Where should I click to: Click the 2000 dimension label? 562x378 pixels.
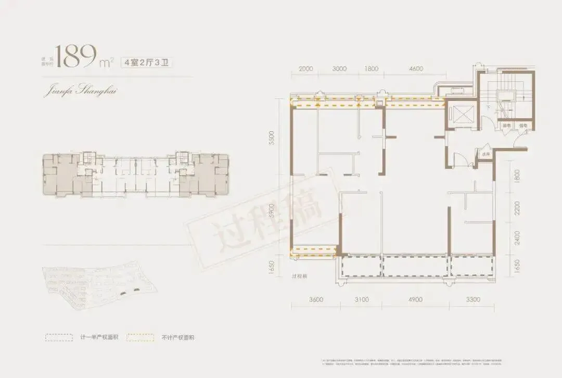click(306, 69)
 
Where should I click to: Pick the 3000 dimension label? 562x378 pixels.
click(339, 69)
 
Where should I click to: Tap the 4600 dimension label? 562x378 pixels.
click(416, 69)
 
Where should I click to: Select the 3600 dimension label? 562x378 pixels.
click(316, 299)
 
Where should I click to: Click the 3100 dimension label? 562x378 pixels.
click(361, 299)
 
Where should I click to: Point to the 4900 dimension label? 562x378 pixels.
click(415, 299)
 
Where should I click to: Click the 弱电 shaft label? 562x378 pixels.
click(505, 126)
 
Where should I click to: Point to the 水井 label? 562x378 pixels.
click(485, 155)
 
